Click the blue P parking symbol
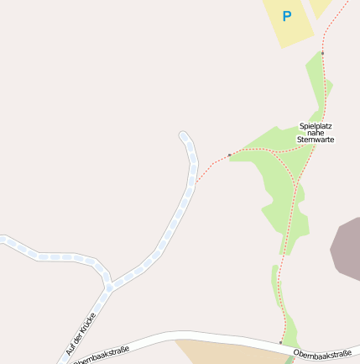tap(287, 16)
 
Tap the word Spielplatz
tap(316, 126)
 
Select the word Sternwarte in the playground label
tap(316, 140)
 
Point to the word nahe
tap(316, 133)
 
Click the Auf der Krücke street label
tap(81, 334)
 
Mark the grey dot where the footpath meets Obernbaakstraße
tap(280, 343)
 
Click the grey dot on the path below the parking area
tap(322, 53)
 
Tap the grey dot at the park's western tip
tap(230, 155)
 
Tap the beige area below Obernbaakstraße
tap(227, 353)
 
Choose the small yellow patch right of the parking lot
tap(321, 7)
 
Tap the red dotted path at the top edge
tap(345, 3)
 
